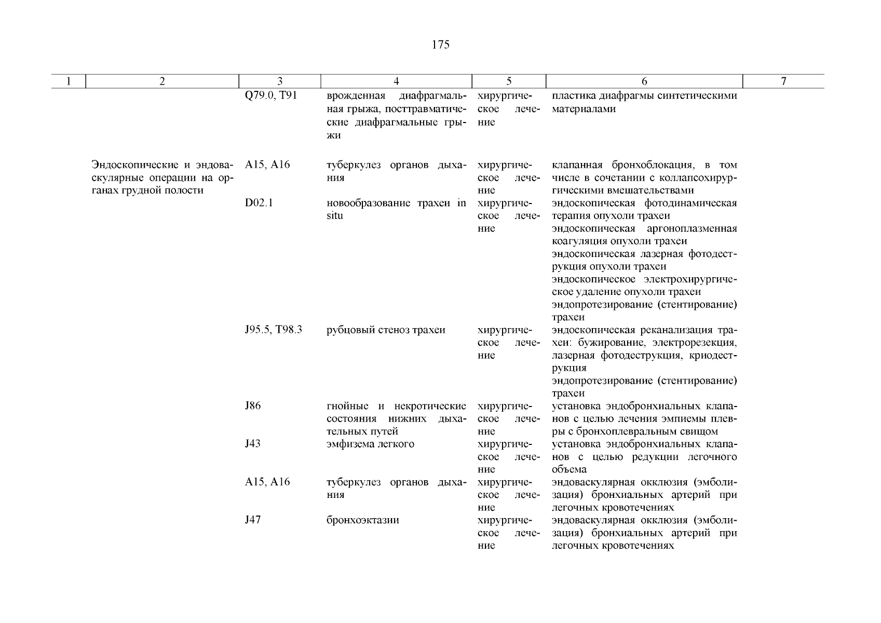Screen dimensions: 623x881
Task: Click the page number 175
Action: [440, 45]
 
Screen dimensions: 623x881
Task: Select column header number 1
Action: [68, 82]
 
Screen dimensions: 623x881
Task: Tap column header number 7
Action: [783, 82]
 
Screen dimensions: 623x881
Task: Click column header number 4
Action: [396, 82]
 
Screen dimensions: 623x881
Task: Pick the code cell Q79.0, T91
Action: [270, 96]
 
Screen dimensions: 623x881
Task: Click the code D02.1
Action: [259, 203]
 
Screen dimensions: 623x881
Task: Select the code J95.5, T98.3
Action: [274, 330]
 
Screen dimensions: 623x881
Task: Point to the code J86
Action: [253, 406]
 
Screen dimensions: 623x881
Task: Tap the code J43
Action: [253, 444]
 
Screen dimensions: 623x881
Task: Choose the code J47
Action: [253, 520]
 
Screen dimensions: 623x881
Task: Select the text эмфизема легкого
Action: [370, 444]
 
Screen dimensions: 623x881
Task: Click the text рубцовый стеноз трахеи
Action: [386, 330]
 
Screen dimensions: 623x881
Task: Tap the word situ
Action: [335, 216]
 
